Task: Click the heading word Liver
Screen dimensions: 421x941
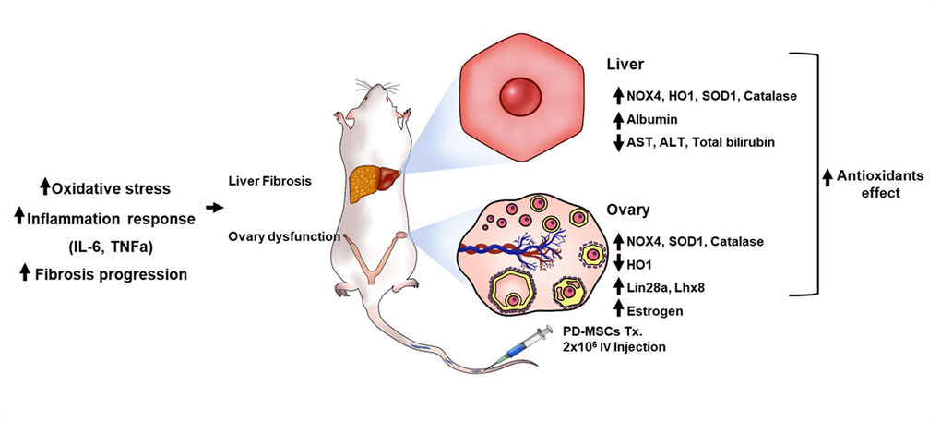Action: coord(628,66)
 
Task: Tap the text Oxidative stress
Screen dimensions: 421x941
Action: coord(111,188)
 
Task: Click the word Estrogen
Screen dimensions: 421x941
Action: coord(657,310)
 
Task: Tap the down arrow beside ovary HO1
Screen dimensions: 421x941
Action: coord(618,264)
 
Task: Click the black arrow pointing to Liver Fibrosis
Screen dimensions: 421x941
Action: coord(214,208)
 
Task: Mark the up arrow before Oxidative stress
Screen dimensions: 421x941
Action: coord(44,188)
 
